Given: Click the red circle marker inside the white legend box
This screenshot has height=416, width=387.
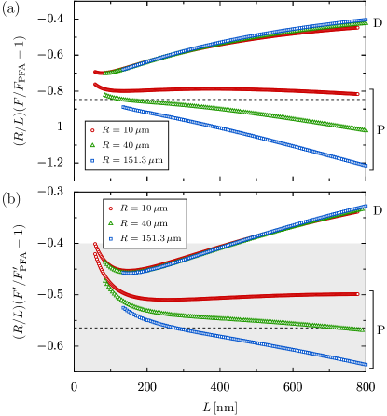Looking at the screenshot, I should click(x=111, y=208).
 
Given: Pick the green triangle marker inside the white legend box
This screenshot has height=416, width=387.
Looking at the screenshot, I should click(x=111, y=223).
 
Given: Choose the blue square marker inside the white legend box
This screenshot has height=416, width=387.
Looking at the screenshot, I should click(x=111, y=238).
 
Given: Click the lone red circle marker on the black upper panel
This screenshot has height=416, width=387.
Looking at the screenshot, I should click(x=91, y=130).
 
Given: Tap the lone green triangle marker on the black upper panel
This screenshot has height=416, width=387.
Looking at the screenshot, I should click(x=91, y=145).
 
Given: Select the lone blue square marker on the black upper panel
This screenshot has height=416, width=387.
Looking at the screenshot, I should click(x=91, y=160).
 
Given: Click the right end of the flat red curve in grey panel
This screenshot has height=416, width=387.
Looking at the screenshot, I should click(x=358, y=294).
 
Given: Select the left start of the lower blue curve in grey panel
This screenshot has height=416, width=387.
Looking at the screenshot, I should click(x=123, y=308).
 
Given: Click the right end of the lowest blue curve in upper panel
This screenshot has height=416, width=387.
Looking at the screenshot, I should click(x=366, y=166).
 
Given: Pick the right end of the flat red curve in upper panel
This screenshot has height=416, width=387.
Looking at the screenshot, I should click(x=357, y=94).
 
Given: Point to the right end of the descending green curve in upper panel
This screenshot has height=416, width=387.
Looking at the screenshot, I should click(x=366, y=130).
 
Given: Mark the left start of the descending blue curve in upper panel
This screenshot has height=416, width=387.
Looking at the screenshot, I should click(x=123, y=108).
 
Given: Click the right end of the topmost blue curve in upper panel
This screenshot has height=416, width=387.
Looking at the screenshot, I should click(x=366, y=20).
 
